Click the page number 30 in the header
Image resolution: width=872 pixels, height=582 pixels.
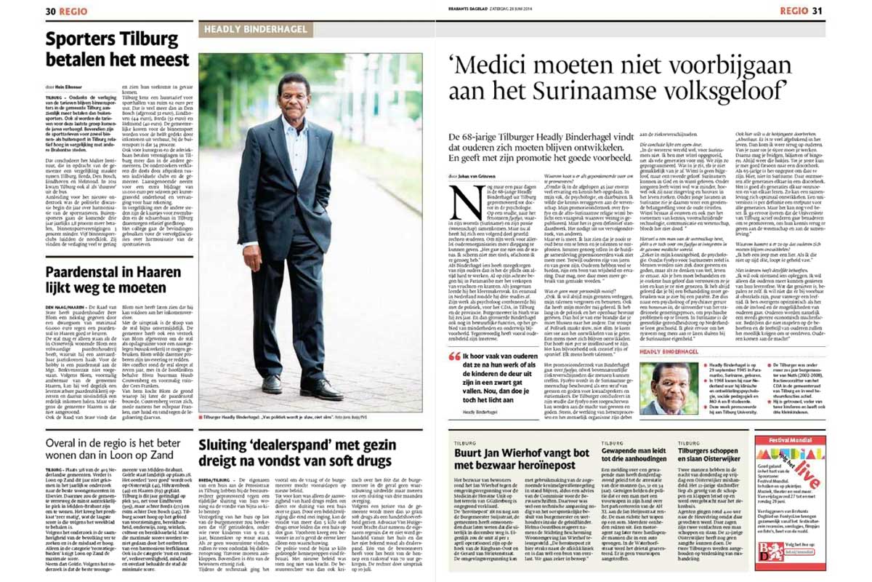(51, 11)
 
